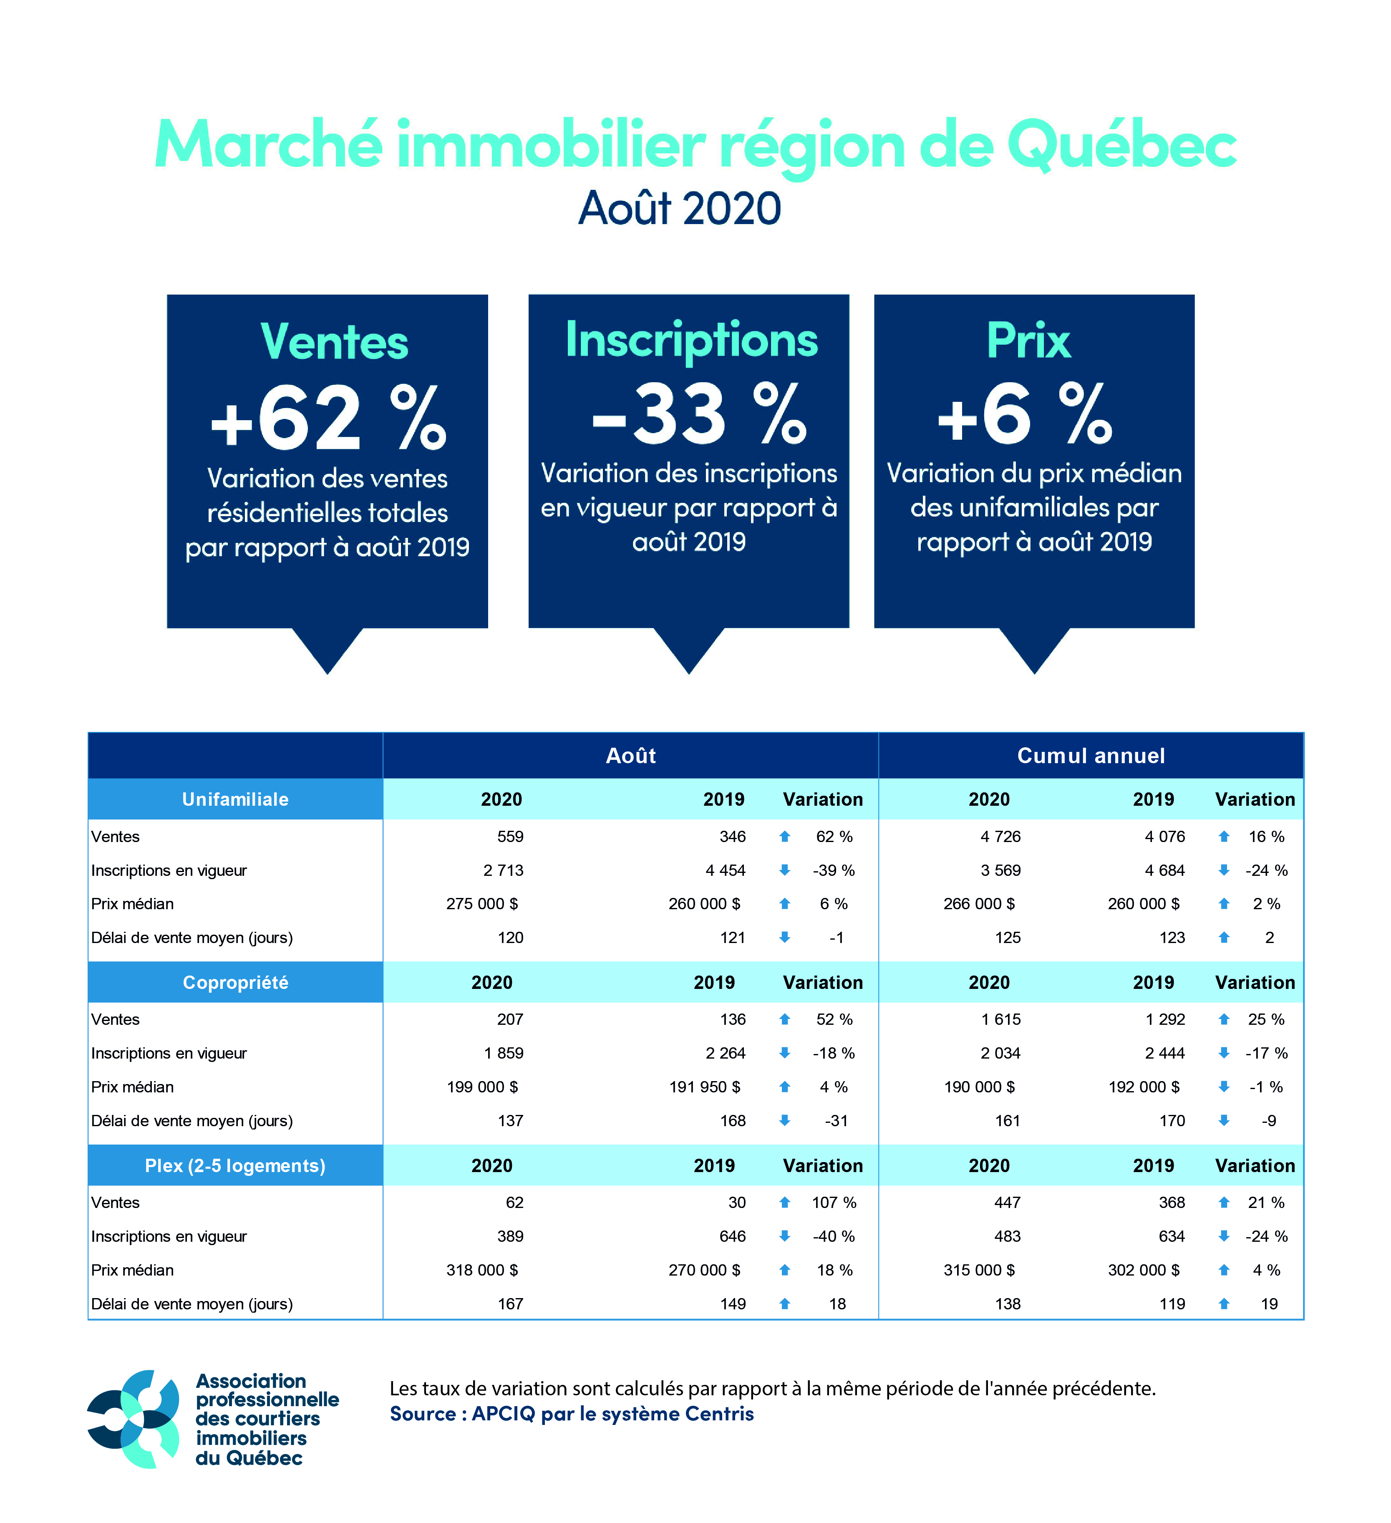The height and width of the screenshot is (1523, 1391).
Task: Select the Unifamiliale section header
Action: coord(235,799)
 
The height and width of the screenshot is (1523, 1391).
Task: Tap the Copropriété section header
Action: coord(235,982)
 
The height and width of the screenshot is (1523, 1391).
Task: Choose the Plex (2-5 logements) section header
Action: coord(235,1166)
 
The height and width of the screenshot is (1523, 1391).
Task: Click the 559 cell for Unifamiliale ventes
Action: coord(510,836)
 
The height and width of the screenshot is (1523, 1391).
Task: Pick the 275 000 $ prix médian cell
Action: coord(482,903)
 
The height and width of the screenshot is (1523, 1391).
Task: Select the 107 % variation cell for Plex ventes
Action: coord(834,1202)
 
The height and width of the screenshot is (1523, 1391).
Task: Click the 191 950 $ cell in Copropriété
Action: coord(704,1087)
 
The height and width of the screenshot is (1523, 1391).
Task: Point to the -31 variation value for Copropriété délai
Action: coord(837,1120)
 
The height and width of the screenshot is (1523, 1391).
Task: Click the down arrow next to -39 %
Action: coord(784,870)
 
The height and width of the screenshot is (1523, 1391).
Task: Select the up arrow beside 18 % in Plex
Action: coord(784,1270)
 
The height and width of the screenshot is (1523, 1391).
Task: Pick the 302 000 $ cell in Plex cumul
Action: coord(1143,1270)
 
